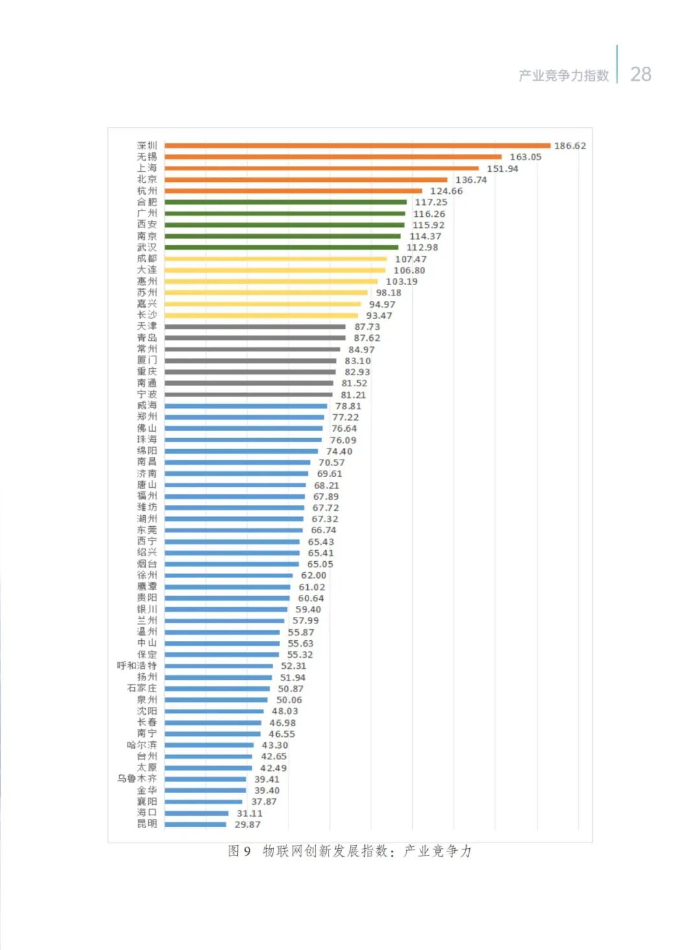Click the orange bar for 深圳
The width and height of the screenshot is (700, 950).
click(356, 146)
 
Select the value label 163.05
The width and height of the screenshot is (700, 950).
click(525, 157)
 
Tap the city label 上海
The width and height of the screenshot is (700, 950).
click(146, 168)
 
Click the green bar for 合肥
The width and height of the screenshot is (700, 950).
click(285, 202)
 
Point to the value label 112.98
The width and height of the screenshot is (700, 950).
click(422, 248)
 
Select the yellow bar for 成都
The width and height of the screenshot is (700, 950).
click(275, 259)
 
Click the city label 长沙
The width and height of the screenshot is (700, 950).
click(146, 315)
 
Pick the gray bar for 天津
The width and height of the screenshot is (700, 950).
click(255, 327)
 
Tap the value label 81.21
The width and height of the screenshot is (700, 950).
click(353, 395)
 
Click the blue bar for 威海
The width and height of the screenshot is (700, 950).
click(246, 406)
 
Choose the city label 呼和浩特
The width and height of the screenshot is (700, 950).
click(137, 666)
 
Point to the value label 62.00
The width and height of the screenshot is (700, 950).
click(314, 575)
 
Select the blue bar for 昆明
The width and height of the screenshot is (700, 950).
click(195, 824)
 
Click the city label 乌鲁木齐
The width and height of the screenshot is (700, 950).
click(137, 779)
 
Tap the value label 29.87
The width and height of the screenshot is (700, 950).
click(248, 824)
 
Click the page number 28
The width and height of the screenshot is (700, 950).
click(640, 74)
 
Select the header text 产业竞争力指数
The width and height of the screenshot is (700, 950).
click(563, 75)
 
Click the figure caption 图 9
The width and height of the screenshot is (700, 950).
click(239, 851)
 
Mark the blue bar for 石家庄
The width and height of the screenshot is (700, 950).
click(217, 689)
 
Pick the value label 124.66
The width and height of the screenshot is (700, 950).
click(446, 191)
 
